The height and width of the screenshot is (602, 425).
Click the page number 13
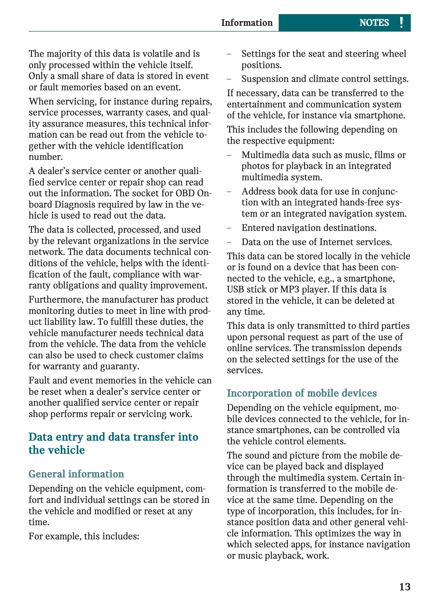405,587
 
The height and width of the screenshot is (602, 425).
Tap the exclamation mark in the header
401,23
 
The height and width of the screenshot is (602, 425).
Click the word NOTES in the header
374,23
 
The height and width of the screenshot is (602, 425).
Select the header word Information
247,23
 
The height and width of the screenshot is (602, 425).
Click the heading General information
76,474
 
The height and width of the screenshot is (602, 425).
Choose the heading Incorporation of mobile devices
301,393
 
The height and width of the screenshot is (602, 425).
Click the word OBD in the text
185,193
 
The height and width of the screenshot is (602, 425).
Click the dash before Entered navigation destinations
229,228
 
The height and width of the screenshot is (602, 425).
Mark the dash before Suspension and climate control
229,79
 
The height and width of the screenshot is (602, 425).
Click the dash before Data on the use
229,242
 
